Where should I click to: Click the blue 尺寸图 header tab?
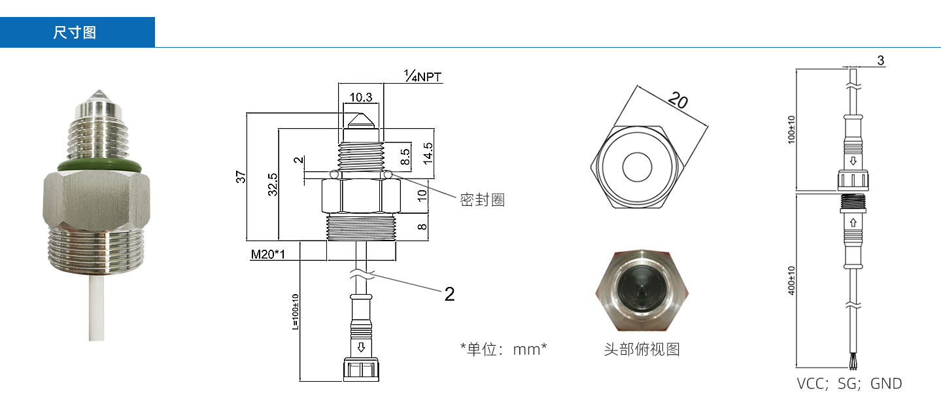pyautogui.click(x=77, y=32)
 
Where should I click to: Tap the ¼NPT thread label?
pyautogui.click(x=422, y=77)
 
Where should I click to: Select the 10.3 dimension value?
pyautogui.click(x=361, y=97)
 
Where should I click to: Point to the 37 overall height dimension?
pyautogui.click(x=241, y=176)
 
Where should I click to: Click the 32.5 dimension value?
pyautogui.click(x=273, y=184)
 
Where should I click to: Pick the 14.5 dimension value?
pyautogui.click(x=428, y=155)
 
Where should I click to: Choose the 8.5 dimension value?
pyautogui.click(x=405, y=157)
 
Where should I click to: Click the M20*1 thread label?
pyautogui.click(x=267, y=254)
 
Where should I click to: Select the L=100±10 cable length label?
pyautogui.click(x=295, y=312)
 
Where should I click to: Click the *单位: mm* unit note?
pyautogui.click(x=503, y=349)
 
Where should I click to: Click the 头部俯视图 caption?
pyautogui.click(x=642, y=349)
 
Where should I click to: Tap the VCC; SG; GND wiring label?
pyautogui.click(x=849, y=384)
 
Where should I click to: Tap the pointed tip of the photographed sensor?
pyautogui.click(x=97, y=93)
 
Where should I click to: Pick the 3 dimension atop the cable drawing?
pyautogui.click(x=880, y=61)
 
